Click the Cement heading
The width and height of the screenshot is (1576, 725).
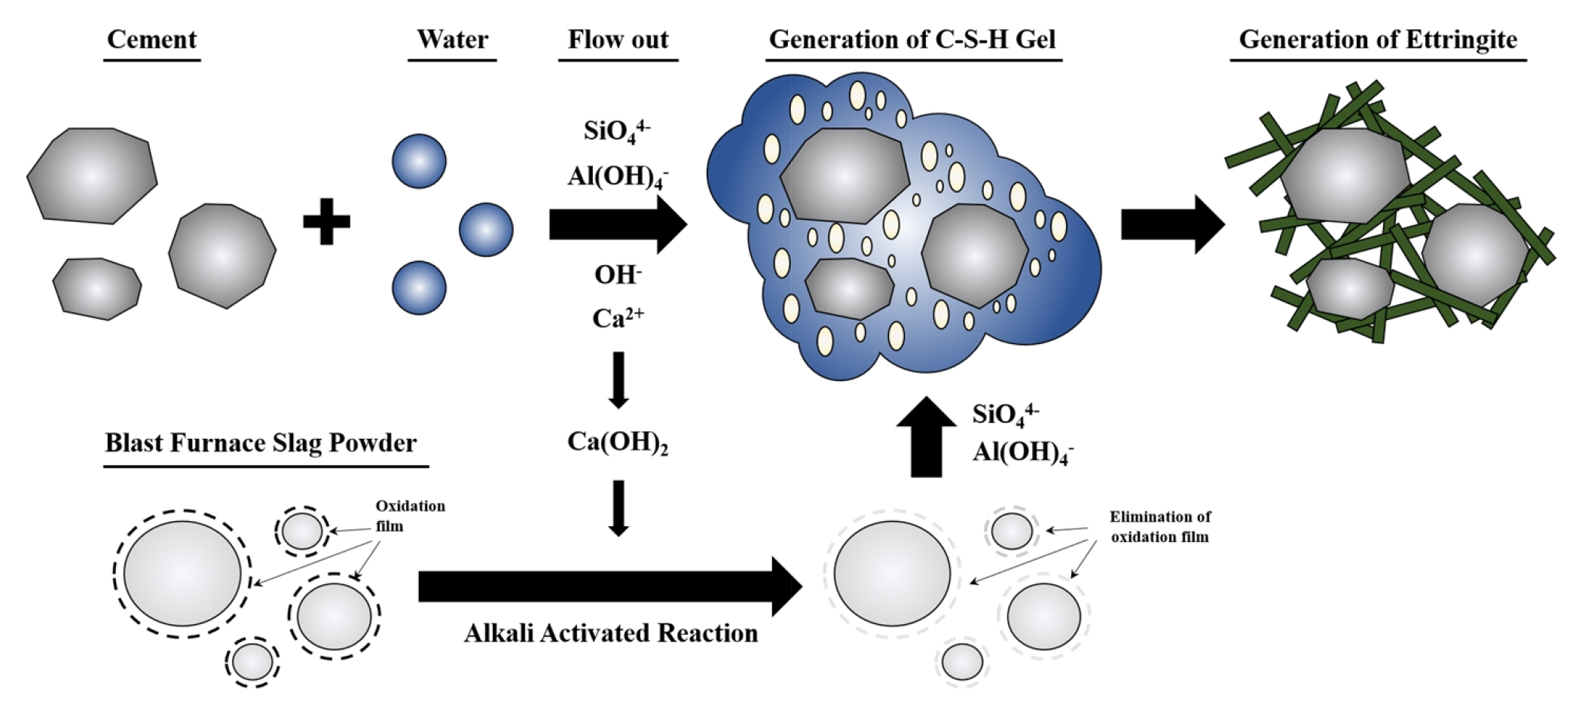[x=151, y=39]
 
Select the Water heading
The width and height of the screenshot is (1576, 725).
[x=452, y=39]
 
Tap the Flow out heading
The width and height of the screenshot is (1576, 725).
[x=618, y=39]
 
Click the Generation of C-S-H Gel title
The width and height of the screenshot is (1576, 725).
[x=912, y=39]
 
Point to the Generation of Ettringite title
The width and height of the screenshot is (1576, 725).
[x=1378, y=39]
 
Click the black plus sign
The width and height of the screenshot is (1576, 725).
[x=326, y=221]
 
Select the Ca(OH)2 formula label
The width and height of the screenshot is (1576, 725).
[x=618, y=442]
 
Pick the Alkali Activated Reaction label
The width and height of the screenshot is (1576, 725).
[x=611, y=633]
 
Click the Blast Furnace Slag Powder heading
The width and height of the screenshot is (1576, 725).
[x=261, y=443]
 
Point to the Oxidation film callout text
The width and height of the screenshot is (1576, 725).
[x=410, y=516]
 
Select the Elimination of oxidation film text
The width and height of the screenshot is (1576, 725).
[x=1159, y=527]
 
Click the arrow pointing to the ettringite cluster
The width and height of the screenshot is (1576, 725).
[x=1171, y=224]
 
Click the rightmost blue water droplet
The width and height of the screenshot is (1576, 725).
[x=486, y=230]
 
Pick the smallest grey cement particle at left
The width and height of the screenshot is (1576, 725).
[x=96, y=288]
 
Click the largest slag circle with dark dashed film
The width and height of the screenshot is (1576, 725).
[x=182, y=574]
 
